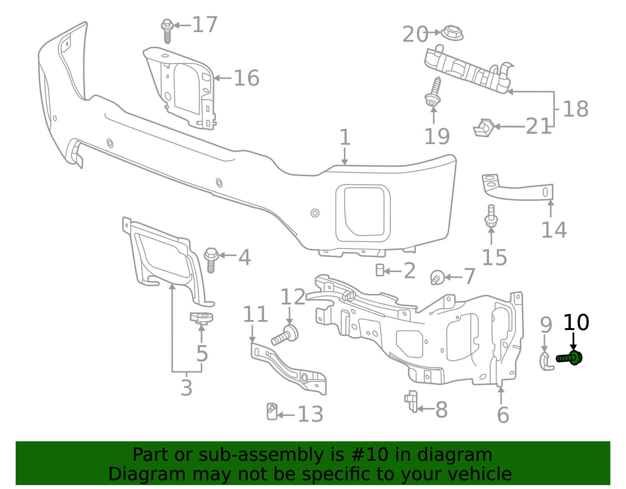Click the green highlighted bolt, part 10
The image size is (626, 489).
pyautogui.click(x=569, y=358)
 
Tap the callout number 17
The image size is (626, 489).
pyautogui.click(x=205, y=25)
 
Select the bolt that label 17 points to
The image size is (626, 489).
pyautogui.click(x=167, y=30)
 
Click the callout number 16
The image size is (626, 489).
pyautogui.click(x=246, y=78)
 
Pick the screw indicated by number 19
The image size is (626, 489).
pyautogui.click(x=434, y=92)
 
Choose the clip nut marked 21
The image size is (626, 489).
pyautogui.click(x=484, y=128)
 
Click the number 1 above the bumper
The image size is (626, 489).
pyautogui.click(x=344, y=137)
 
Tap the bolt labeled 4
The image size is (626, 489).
pyautogui.click(x=211, y=260)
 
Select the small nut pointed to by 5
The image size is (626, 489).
pyautogui.click(x=202, y=318)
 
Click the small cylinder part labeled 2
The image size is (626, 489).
pyautogui.click(x=380, y=270)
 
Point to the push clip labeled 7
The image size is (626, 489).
pyautogui.click(x=437, y=278)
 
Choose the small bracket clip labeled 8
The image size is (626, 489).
pyautogui.click(x=411, y=401)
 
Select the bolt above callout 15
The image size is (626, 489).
pyautogui.click(x=491, y=217)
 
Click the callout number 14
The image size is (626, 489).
pyautogui.click(x=554, y=230)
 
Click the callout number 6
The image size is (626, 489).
pyautogui.click(x=503, y=415)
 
